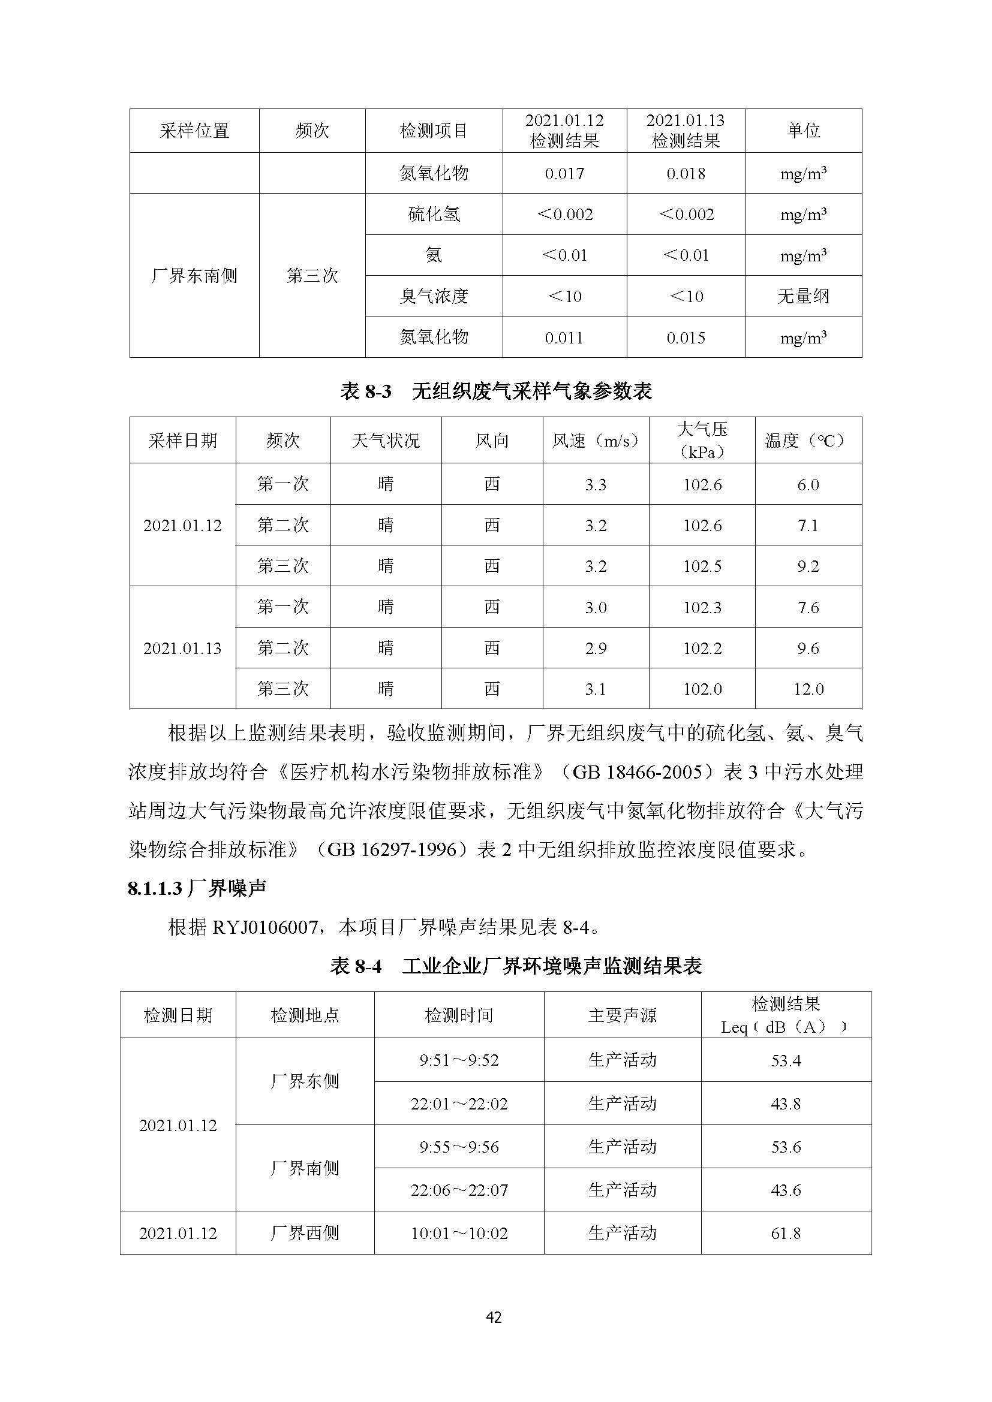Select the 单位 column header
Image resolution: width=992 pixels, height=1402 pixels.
pyautogui.click(x=802, y=130)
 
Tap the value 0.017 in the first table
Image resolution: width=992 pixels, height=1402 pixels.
pyautogui.click(x=564, y=174)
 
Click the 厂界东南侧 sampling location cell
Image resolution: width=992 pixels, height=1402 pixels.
pyautogui.click(x=194, y=276)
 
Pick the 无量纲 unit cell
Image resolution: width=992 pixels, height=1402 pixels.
pyautogui.click(x=802, y=297)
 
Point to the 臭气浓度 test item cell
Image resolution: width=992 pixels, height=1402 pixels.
pyautogui.click(x=434, y=297)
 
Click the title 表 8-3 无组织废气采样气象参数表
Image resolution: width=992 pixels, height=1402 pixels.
pyautogui.click(x=495, y=391)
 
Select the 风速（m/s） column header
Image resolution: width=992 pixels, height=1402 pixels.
pyautogui.click(x=595, y=441)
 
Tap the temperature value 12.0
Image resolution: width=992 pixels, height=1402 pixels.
pyautogui.click(x=808, y=689)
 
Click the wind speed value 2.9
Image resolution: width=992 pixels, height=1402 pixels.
pyautogui.click(x=595, y=649)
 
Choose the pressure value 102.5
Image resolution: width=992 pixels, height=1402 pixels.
pyautogui.click(x=702, y=566)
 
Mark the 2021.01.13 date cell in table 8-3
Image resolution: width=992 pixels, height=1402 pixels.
pyautogui.click(x=182, y=649)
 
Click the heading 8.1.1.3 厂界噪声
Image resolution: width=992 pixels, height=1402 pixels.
pyautogui.click(x=197, y=888)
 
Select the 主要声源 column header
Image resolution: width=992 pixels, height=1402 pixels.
pyautogui.click(x=622, y=1015)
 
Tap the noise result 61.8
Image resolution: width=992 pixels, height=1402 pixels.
pyautogui.click(x=786, y=1234)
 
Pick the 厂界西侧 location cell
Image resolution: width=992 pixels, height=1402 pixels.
pyautogui.click(x=304, y=1234)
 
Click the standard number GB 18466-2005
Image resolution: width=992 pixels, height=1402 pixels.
pyautogui.click(x=636, y=773)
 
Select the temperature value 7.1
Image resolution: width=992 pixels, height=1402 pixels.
pyautogui.click(x=807, y=526)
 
